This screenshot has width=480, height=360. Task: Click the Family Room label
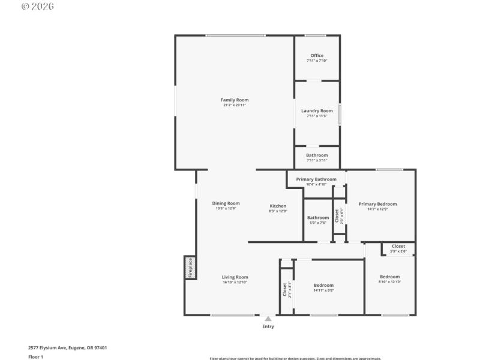(x=234, y=100)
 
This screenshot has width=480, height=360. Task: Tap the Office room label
(x=317, y=56)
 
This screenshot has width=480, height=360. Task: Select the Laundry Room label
(x=317, y=111)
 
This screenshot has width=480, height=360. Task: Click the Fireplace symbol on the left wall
(x=190, y=268)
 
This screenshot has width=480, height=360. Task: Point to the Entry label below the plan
(x=268, y=326)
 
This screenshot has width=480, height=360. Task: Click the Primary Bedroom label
(x=377, y=204)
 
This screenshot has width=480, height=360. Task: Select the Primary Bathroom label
(x=316, y=179)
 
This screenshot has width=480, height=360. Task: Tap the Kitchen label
(x=278, y=206)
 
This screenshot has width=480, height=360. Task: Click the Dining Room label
(x=226, y=203)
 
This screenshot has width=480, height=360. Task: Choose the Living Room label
(x=235, y=277)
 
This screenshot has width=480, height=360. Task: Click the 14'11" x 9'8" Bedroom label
(x=323, y=285)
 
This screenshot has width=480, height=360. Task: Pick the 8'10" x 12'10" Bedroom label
(x=389, y=277)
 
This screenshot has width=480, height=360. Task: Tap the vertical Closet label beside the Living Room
(x=285, y=290)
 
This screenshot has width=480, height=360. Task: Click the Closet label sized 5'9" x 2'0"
(x=398, y=246)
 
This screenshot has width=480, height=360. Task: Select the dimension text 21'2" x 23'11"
(x=234, y=105)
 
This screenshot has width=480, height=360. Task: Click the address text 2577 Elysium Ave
(x=67, y=347)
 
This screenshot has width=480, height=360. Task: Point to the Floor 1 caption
(x=36, y=357)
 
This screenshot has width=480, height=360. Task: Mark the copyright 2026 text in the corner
(x=38, y=7)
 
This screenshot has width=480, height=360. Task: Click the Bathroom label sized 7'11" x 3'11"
(x=317, y=155)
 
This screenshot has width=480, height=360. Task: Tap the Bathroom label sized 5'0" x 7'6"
(x=318, y=218)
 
